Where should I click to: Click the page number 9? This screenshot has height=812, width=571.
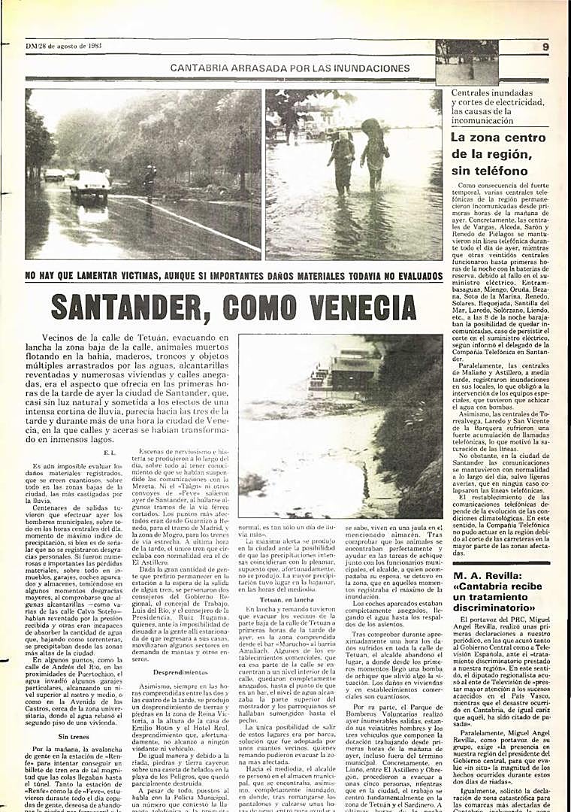coord(545,47)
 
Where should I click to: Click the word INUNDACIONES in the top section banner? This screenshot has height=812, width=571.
coord(370,68)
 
